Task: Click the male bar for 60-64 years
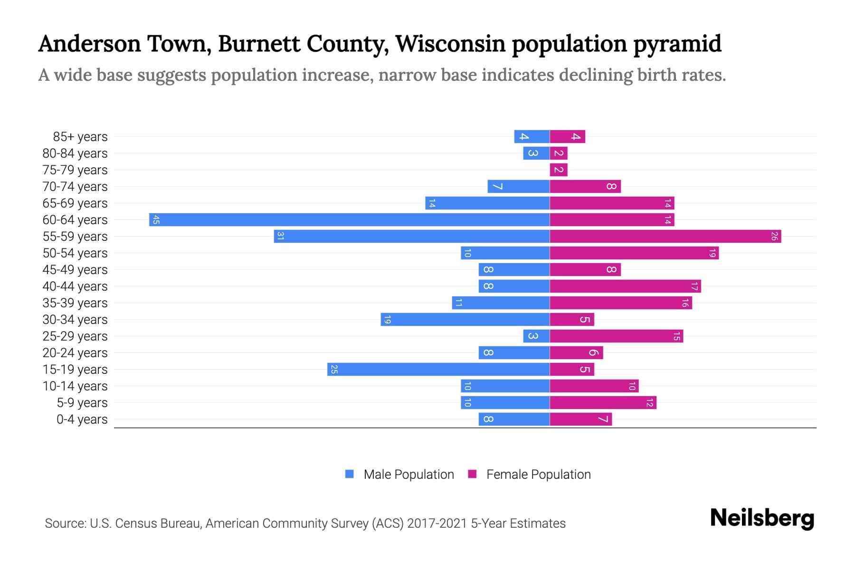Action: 349,220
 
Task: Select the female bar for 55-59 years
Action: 665,237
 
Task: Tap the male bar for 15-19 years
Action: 438,370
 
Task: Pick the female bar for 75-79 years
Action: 559,170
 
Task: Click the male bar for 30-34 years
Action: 465,320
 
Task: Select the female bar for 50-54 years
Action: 634,253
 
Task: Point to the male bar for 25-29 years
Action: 536,336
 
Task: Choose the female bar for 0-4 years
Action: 580,419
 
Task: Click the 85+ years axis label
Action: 80,137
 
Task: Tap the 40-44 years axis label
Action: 75,286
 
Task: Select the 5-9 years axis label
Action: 82,403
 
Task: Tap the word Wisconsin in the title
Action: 450,44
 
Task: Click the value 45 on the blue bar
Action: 156,220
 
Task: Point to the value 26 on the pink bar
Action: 774,237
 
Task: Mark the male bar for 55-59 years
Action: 411,237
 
